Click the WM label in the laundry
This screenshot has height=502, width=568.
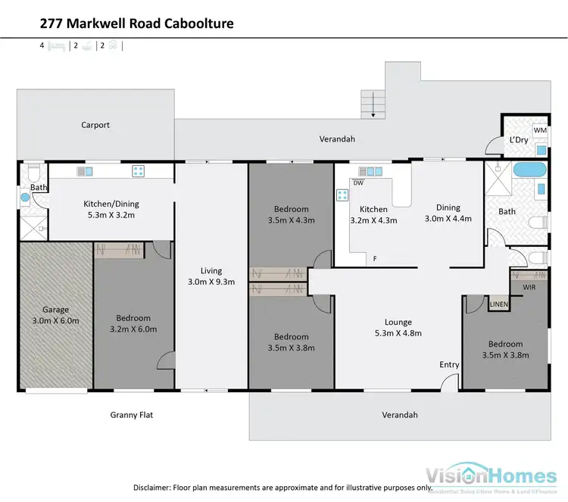click(x=540, y=130)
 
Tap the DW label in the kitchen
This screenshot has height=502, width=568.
click(x=358, y=182)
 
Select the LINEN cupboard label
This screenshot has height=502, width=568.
click(x=498, y=304)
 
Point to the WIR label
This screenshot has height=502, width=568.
click(x=529, y=287)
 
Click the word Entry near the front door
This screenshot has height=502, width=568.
click(x=449, y=365)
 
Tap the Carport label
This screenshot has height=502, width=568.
click(x=96, y=125)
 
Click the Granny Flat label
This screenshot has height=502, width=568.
click(x=133, y=415)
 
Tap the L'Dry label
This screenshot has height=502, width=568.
click(x=519, y=140)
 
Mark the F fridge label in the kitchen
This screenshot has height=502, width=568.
click(x=374, y=259)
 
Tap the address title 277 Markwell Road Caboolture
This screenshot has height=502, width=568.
click(x=136, y=23)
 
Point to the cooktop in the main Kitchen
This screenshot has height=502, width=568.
click(x=342, y=195)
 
